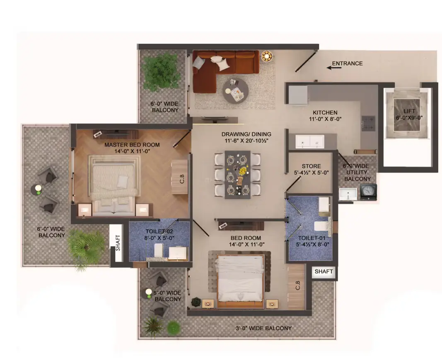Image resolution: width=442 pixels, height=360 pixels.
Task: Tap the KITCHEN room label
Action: pyautogui.click(x=325, y=112)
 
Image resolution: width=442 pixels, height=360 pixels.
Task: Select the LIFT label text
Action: pyautogui.click(x=409, y=111)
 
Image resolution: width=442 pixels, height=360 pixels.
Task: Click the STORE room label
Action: pyautogui.click(x=311, y=166)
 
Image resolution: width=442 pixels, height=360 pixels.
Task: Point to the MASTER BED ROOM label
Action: pyautogui.click(x=132, y=145)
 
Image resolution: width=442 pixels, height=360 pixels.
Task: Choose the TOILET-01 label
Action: pyautogui.click(x=312, y=238)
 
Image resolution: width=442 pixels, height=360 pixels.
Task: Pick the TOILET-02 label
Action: pyautogui.click(x=159, y=231)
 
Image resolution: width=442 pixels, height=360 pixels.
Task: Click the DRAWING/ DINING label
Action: pyautogui.click(x=246, y=134)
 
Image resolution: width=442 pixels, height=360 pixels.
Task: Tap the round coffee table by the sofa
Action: pyautogui.click(x=236, y=91)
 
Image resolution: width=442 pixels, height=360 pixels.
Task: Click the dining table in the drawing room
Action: pyautogui.click(x=238, y=175)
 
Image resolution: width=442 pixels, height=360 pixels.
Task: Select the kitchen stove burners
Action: pyautogui.click(x=368, y=123)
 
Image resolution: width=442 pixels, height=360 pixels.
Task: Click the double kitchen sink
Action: pyautogui.click(x=309, y=141)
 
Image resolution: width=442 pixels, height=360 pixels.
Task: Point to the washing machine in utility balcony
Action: pyautogui.click(x=368, y=192)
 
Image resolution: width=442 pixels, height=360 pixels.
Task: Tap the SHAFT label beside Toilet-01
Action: pyautogui.click(x=324, y=271)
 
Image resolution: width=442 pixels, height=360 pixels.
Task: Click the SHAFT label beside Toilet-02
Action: pyautogui.click(x=118, y=243)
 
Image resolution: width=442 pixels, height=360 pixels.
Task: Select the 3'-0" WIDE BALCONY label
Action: pyautogui.click(x=263, y=328)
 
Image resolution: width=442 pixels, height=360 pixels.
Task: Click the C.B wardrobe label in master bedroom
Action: pyautogui.click(x=182, y=179)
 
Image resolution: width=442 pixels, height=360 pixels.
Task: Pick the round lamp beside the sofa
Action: pyautogui.click(x=266, y=56)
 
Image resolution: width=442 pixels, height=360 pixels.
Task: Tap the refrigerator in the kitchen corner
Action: pyautogui.click(x=298, y=95)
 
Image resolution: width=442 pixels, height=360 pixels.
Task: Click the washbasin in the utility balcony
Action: pyautogui.click(x=348, y=194)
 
